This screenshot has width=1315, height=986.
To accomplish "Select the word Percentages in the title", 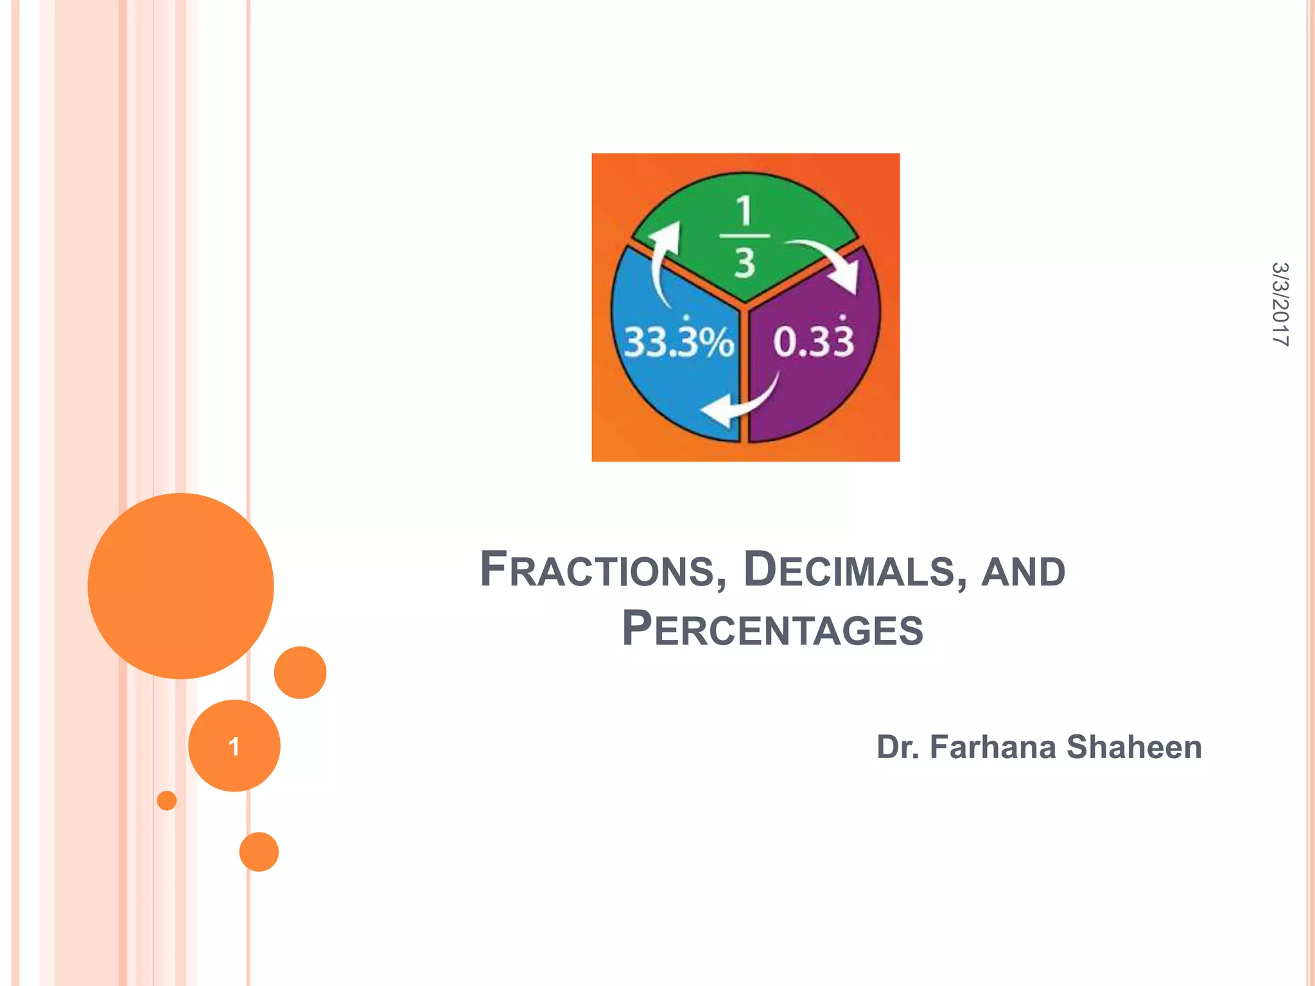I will pyautogui.click(x=772, y=629).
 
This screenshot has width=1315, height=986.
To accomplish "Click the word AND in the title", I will pyautogui.click(x=1023, y=571).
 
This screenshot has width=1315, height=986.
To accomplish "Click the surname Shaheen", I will pyautogui.click(x=1134, y=747).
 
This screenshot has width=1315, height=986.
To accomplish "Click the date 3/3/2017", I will pyautogui.click(x=1280, y=304).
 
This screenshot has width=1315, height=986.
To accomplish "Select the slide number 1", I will pyautogui.click(x=234, y=746).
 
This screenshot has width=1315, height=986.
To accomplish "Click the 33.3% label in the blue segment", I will pyautogui.click(x=679, y=342).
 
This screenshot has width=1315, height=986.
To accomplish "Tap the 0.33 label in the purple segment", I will pyautogui.click(x=814, y=342).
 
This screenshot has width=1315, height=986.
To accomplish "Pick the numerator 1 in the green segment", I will pyautogui.click(x=744, y=211).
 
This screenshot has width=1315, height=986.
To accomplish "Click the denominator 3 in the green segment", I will pyautogui.click(x=744, y=263).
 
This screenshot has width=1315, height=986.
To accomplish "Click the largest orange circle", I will pyautogui.click(x=180, y=585).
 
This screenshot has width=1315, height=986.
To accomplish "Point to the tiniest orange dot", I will pyautogui.click(x=166, y=800).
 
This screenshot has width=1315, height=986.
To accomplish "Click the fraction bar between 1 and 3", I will pyautogui.click(x=744, y=236).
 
